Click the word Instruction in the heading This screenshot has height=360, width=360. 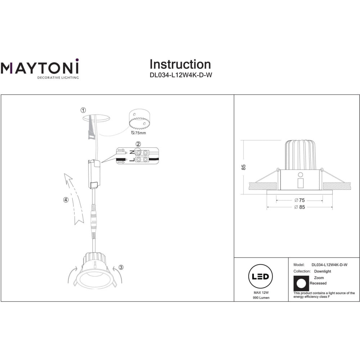tap(180, 64)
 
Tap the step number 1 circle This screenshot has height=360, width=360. tap(83, 110)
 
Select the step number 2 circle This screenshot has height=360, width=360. tap(138, 144)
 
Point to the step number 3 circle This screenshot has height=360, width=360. tap(121, 267)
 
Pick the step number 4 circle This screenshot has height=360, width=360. tap(66, 200)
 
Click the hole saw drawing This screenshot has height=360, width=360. tap(139, 119)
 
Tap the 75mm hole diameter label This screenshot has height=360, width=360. tap(139, 133)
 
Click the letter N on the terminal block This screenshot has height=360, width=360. tap(132, 152)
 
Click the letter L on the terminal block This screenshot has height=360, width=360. tap(132, 159)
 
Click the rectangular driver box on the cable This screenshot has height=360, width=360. tap(94, 174)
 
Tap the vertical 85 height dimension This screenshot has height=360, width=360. tap(244, 167)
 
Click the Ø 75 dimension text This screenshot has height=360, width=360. tap(300, 200)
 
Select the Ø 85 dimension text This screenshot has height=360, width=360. tap(300, 207)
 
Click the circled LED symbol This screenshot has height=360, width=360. tap(260, 276)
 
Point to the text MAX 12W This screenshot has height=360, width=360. tap(261, 292)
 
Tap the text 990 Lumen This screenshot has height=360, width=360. tap(261, 298)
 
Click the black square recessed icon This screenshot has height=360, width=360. tap(301, 283)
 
